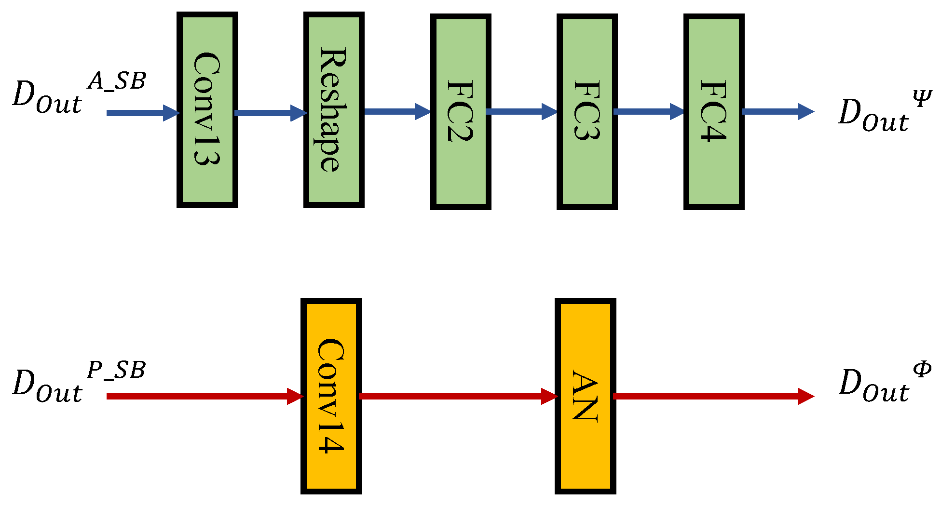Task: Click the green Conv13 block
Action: (207, 110)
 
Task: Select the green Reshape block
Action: (334, 110)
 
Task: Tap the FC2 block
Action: (461, 112)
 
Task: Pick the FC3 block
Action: (587, 112)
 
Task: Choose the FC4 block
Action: (714, 112)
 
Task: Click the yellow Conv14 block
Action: (331, 396)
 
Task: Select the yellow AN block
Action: (586, 396)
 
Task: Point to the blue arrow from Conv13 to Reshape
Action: (270, 113)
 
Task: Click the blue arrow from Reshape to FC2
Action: (396, 111)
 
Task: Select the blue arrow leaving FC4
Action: (777, 111)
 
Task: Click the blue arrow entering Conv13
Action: (142, 113)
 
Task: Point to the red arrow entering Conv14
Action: (203, 396)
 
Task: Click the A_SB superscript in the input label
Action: (116, 81)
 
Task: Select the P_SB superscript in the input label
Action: (116, 370)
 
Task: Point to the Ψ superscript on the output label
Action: (922, 99)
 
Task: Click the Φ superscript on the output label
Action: (922, 370)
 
